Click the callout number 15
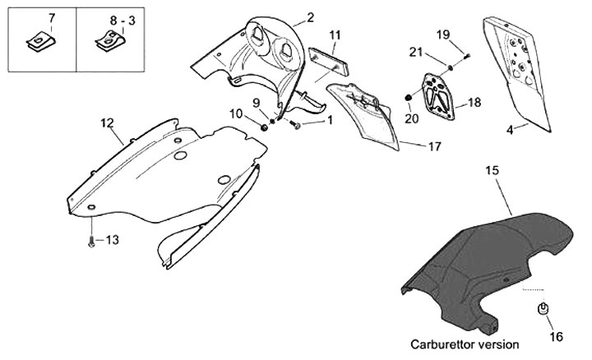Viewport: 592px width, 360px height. coord(492,171)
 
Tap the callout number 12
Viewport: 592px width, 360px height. coord(107,123)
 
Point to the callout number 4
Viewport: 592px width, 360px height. coord(511,128)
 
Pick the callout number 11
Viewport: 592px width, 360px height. coord(335,35)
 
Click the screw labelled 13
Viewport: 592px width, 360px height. coord(90,241)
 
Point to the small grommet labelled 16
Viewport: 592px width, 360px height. coord(543,310)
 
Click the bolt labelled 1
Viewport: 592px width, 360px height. coord(297,125)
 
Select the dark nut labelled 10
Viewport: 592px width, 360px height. coord(266,128)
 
